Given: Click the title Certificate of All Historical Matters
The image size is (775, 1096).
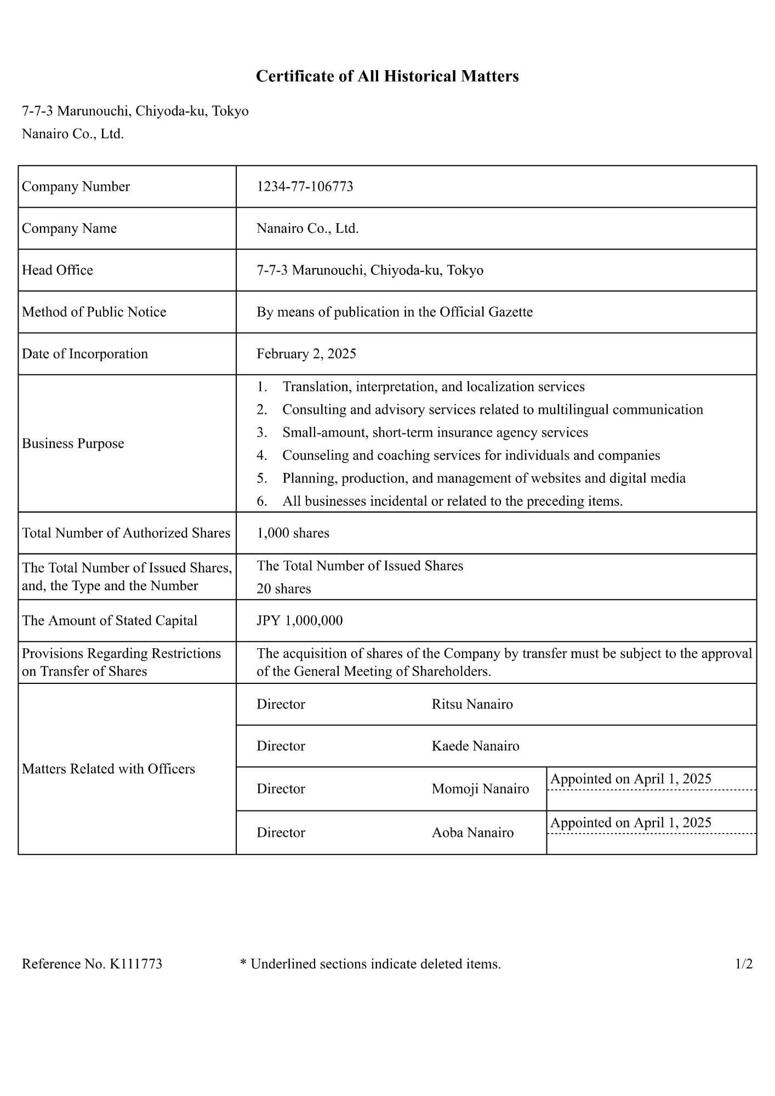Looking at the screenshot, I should click(387, 76).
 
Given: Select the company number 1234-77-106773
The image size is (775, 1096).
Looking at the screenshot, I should click(305, 187).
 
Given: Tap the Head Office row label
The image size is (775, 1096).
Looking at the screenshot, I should click(58, 270).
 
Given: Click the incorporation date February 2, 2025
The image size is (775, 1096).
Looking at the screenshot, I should click(306, 354).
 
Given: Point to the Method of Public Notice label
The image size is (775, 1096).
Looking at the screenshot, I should click(94, 312).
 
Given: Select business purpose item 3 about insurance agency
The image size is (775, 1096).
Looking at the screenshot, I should click(435, 432).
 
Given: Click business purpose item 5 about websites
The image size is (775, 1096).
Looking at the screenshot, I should click(483, 478).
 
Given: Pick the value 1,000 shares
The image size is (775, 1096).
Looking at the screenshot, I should click(293, 533).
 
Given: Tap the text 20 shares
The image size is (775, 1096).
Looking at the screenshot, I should click(283, 589).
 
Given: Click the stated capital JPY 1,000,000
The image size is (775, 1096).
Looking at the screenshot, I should click(299, 621).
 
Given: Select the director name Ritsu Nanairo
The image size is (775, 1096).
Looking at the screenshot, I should click(472, 704).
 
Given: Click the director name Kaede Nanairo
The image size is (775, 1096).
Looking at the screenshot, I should click(475, 746).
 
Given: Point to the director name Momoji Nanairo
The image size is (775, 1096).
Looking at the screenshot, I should click(480, 789).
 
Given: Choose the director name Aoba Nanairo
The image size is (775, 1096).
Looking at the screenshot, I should click(472, 832).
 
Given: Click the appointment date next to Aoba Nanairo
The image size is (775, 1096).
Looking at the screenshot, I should click(630, 823).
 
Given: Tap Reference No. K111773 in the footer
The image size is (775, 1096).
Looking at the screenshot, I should click(92, 964).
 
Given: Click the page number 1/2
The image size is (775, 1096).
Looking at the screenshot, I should click(743, 964).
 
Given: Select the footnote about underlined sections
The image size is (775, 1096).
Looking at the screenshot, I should click(371, 964).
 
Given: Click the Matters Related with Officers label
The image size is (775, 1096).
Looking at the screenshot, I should click(109, 769).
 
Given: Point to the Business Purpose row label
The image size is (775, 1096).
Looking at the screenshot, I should click(73, 443).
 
